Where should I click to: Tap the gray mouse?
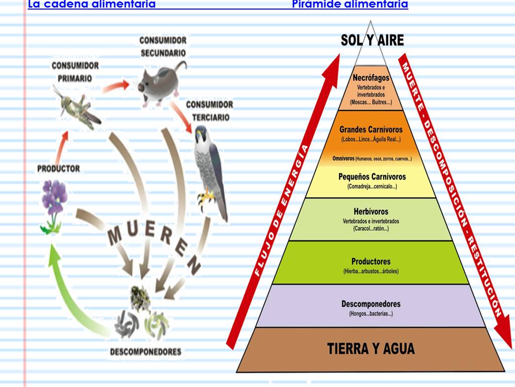(x=158, y=83)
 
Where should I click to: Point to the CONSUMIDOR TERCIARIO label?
(x=209, y=111)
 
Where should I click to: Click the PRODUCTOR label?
(x=58, y=169)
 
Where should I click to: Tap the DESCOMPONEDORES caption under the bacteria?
(x=145, y=352)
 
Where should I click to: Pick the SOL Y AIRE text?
(x=372, y=40)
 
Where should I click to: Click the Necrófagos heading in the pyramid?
(x=371, y=78)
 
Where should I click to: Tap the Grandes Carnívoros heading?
(x=371, y=129)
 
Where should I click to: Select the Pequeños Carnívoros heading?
(x=372, y=177)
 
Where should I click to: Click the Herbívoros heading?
(x=371, y=211)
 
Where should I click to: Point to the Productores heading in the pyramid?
(x=371, y=262)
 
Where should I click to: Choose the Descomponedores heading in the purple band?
(x=371, y=304)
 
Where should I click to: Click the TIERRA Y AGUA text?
(x=371, y=348)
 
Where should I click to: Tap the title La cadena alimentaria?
(x=92, y=5)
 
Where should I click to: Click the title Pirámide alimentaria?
(x=350, y=5)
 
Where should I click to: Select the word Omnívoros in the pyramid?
(x=344, y=159)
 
